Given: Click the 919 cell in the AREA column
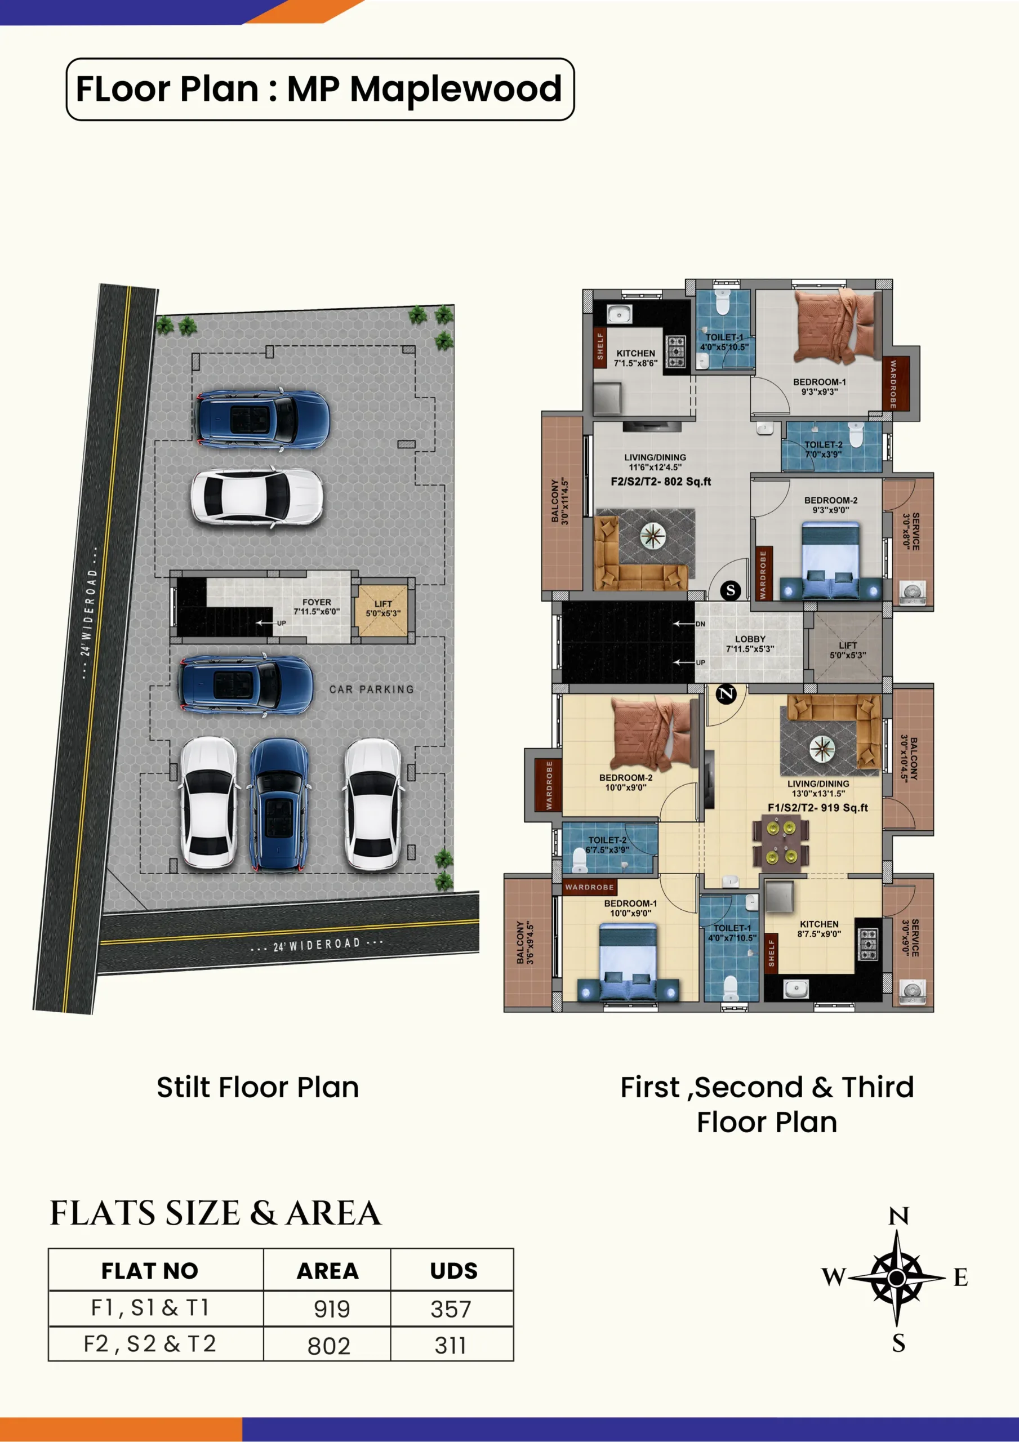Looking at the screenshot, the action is click(x=331, y=1309).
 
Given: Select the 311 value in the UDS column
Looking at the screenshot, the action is click(x=451, y=1345).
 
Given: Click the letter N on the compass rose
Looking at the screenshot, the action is click(x=898, y=1217).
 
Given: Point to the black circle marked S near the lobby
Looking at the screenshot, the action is click(x=730, y=590).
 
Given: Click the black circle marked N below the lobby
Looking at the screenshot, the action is click(x=726, y=694).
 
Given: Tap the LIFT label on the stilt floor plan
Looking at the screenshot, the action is click(x=383, y=603).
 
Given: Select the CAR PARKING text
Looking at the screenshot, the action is click(x=372, y=689).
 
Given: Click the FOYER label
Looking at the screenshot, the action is click(x=317, y=602).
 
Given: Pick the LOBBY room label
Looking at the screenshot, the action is click(x=750, y=639).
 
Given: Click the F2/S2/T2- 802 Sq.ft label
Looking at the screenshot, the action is click(x=661, y=482).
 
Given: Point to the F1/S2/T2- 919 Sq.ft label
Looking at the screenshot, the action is click(x=817, y=808).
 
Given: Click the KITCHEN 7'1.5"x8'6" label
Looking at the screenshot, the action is click(x=636, y=358).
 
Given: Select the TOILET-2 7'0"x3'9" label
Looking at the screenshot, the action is click(x=824, y=449).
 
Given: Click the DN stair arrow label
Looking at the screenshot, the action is click(x=700, y=624).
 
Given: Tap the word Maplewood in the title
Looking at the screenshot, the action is click(x=456, y=88).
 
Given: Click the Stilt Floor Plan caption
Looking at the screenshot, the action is click(x=257, y=1087).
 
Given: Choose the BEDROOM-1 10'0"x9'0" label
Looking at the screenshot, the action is click(x=630, y=908).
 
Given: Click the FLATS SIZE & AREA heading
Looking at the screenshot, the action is click(x=216, y=1213).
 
